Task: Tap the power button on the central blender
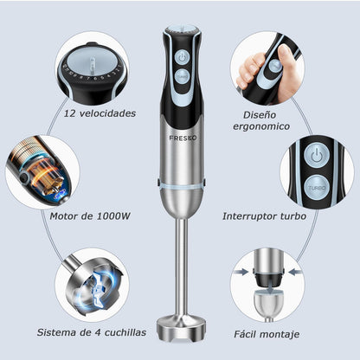(x=181, y=57)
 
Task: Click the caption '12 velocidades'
(x=100, y=113)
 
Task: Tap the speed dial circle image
(x=93, y=68)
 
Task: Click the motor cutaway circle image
(x=42, y=171)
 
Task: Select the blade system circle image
(x=92, y=285)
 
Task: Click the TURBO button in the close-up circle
(x=317, y=187)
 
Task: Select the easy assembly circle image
(x=267, y=285)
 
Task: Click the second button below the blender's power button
(x=181, y=76)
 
